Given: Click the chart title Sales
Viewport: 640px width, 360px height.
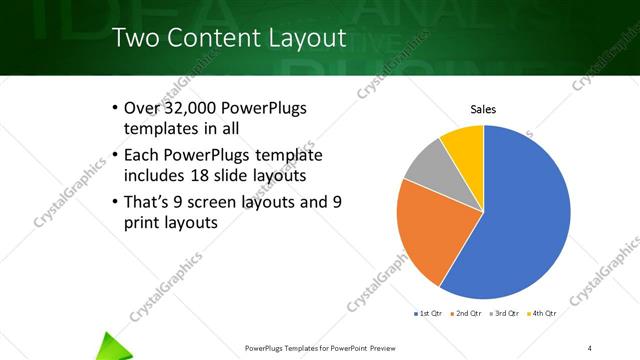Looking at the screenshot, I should (483, 109).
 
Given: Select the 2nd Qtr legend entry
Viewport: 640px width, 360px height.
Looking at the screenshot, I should (468, 313).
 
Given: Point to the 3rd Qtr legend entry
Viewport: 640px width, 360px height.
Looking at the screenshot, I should (506, 313).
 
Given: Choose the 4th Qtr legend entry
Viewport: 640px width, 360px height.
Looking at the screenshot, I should (544, 313).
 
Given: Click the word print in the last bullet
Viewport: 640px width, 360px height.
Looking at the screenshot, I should (142, 223).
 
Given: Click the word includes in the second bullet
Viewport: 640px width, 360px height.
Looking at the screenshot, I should (154, 177).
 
